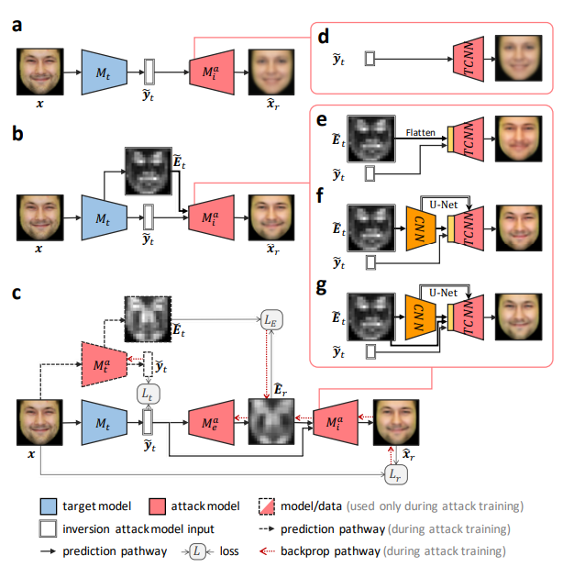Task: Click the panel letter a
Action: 17,25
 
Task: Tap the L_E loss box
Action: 274,321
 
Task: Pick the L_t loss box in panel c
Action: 148,394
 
